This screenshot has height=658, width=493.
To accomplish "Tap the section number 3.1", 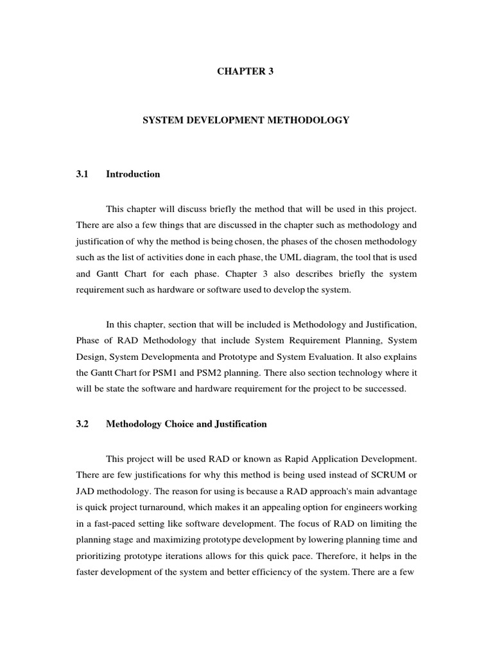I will point(82,174).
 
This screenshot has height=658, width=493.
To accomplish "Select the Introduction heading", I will point(133,174).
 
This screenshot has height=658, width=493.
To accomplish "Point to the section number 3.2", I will point(82,424).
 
